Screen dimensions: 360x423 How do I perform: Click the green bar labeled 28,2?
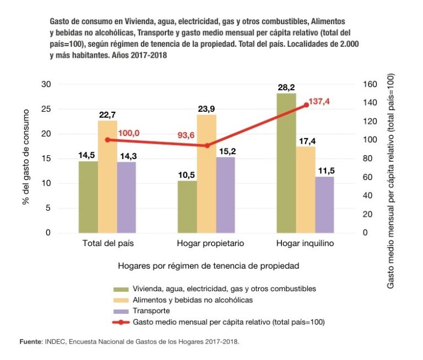[x=286, y=163]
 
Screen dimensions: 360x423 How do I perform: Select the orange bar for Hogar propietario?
[x=207, y=173]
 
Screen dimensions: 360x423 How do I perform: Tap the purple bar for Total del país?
[x=127, y=197]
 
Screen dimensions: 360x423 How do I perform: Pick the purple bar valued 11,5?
[x=324, y=204]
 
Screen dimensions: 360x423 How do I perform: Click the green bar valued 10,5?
[x=188, y=206]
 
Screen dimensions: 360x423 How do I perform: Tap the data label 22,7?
[x=107, y=114]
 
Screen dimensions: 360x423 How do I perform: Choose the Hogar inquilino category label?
[x=306, y=243]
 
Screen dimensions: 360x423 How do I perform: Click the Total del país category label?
[x=108, y=243]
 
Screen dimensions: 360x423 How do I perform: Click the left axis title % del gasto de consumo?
[x=25, y=159]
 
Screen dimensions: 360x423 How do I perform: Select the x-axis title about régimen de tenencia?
[x=208, y=266]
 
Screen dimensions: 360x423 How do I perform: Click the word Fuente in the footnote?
[x=30, y=342]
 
